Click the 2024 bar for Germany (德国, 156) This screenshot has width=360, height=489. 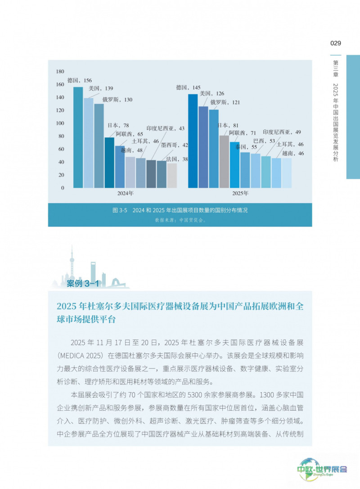point(78,137)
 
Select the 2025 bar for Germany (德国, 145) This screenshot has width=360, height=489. point(193,141)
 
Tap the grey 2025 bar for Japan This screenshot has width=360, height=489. point(224,162)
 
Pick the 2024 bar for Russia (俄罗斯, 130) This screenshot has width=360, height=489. point(99,145)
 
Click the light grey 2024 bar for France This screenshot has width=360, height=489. point(172,176)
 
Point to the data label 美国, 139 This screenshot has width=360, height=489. point(101,88)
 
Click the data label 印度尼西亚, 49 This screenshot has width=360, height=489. point(282,132)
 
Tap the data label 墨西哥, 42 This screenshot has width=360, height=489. point(175,145)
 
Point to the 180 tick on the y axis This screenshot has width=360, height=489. point(60,72)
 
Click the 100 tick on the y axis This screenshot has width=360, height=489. point(60,123)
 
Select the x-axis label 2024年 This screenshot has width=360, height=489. point(125,193)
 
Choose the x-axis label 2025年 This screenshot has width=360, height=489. point(240,193)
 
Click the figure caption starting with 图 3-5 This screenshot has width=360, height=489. point(180,210)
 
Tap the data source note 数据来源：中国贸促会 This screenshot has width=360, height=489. point(180,220)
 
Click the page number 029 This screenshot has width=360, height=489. point(336,43)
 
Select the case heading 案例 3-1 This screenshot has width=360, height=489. point(83,283)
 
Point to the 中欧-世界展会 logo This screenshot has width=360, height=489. point(322,469)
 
